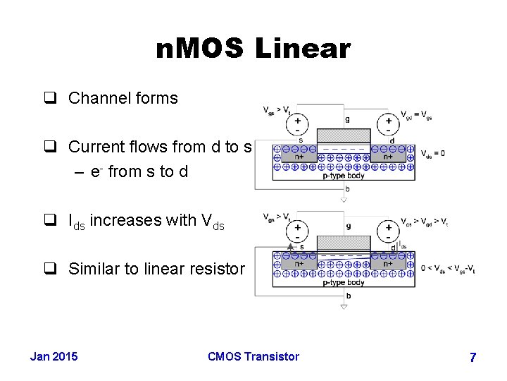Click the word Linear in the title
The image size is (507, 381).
[302, 49]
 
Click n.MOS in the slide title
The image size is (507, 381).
[201, 49]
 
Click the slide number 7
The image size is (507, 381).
[472, 358]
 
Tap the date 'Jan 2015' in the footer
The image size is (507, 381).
[54, 356]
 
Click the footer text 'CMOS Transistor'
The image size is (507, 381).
[254, 356]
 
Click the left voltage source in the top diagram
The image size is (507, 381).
[298, 125]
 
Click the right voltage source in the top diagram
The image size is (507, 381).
[388, 125]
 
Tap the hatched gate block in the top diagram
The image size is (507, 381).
[343, 135]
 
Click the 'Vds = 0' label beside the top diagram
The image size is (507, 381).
[432, 154]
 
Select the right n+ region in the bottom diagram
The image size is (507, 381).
[388, 264]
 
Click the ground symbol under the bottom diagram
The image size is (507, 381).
[344, 307]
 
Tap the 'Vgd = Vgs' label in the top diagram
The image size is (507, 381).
[417, 116]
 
